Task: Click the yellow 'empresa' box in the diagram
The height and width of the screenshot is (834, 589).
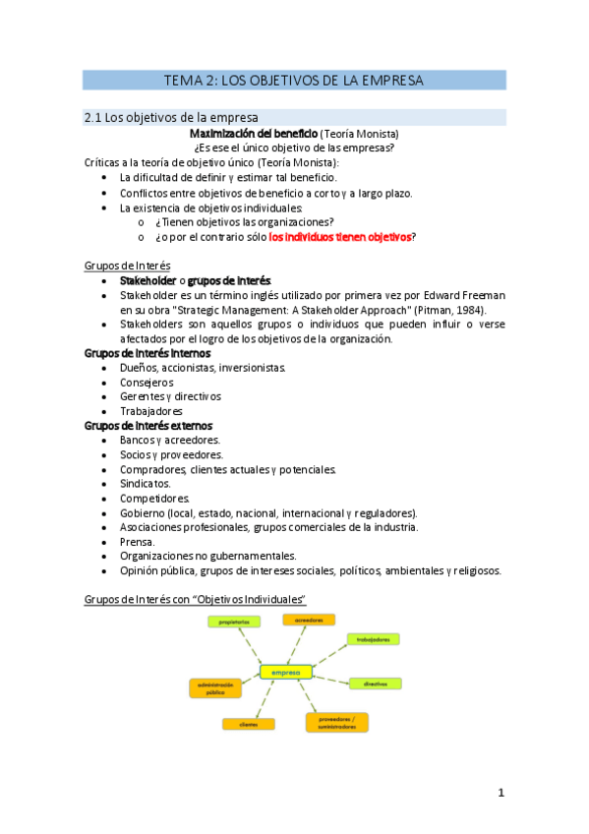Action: pos(286,673)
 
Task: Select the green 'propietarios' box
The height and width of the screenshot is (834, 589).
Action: pos(233,622)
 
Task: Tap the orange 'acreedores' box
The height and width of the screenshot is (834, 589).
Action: pos(309,620)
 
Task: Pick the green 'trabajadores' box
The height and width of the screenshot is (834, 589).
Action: pos(373,639)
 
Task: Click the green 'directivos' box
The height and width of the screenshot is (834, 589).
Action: pos(375,683)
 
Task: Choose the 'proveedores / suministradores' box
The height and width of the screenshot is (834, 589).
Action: pos(336,722)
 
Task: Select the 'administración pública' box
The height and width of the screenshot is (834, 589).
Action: pos(214,687)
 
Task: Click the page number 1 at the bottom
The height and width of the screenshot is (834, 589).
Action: pos(501,792)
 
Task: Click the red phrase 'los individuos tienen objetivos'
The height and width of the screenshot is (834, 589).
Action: pos(339,237)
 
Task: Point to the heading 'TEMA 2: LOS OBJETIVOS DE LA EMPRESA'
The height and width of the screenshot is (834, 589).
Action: pos(293,81)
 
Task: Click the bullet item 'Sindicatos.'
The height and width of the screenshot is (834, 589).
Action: pos(146,483)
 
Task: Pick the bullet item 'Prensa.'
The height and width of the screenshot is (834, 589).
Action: pos(138,541)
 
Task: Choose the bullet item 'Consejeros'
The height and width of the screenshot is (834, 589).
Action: pos(147,382)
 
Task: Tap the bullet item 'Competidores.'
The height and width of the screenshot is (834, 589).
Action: pos(154,498)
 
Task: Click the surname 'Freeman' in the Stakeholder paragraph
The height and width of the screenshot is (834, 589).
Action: pos(477,294)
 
